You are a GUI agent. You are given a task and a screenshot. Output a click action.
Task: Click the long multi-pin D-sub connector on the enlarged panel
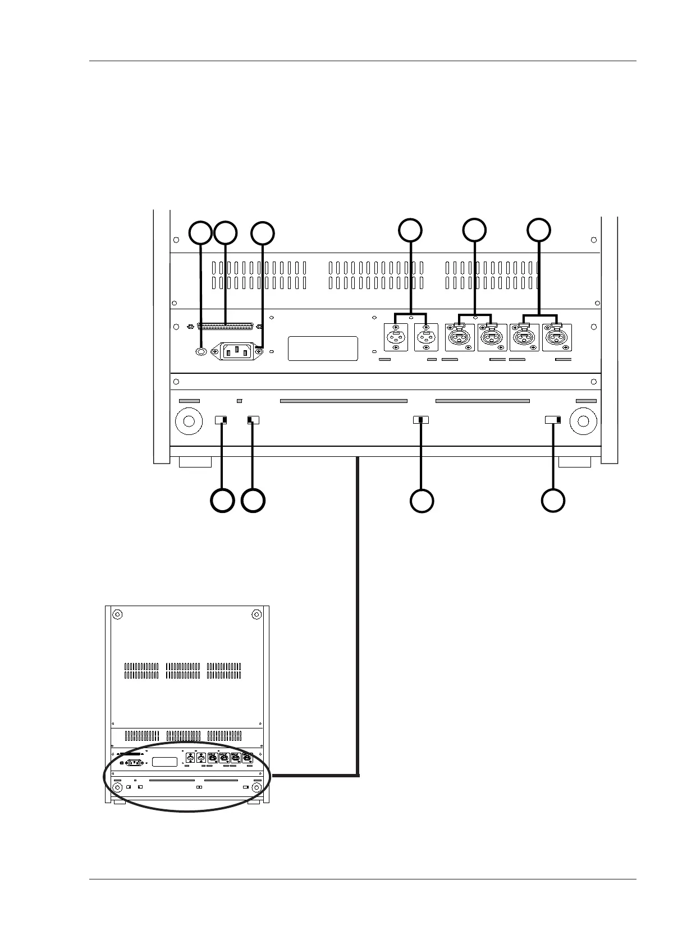click(226, 326)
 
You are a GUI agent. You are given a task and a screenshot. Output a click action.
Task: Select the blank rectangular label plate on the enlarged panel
click(323, 349)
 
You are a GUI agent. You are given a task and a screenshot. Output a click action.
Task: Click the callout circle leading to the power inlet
click(263, 233)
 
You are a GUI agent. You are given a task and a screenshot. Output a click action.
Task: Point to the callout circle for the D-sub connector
click(226, 233)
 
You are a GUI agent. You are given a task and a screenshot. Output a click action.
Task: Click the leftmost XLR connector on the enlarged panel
click(396, 338)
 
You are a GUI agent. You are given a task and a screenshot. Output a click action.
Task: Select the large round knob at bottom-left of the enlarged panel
click(189, 421)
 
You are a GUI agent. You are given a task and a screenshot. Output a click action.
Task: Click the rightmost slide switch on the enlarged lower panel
click(553, 420)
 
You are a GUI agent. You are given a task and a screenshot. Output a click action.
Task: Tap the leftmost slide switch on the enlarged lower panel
click(222, 420)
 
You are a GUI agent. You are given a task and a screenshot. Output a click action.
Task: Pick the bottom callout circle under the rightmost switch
click(553, 501)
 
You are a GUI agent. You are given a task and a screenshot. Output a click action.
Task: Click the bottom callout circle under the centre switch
click(422, 501)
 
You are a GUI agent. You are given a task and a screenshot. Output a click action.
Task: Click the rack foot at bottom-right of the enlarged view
click(575, 462)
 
